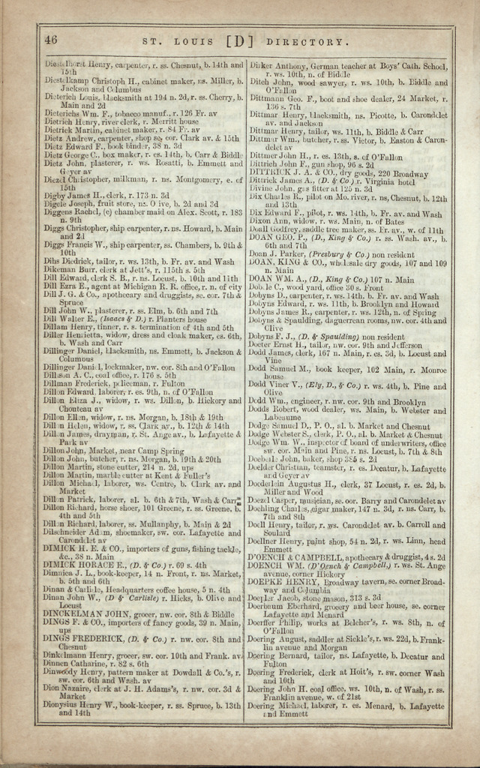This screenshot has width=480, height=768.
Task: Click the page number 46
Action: click(51, 40)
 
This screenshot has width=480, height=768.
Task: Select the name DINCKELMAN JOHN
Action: click(82, 613)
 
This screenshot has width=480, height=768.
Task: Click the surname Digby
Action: click(55, 195)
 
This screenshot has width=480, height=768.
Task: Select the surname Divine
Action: click(261, 189)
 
